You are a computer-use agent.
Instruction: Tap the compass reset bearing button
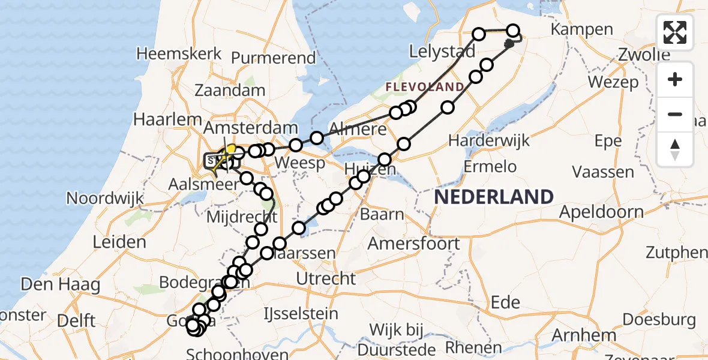675,149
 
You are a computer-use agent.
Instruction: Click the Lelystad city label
442,52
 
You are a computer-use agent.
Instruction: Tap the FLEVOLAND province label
424,87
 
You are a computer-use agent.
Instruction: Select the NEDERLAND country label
494,197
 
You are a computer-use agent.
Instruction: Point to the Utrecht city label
327,278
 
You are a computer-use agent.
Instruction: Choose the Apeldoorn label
602,212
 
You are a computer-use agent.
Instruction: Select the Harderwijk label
490,141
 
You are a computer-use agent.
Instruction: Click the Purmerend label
273,58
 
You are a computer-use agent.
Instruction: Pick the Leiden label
120,242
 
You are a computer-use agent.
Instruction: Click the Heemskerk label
179,53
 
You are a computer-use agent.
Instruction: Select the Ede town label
505,302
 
